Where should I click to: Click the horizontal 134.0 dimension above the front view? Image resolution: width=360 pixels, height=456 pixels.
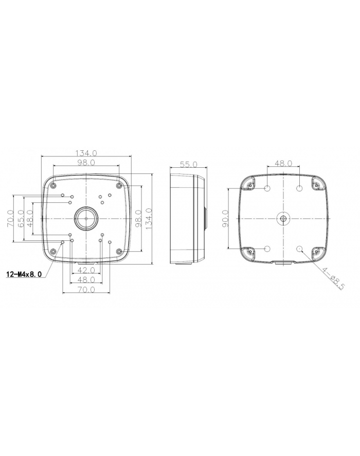pyautogui.click(x=86, y=153)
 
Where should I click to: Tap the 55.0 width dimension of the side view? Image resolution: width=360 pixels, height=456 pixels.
pyautogui.click(x=188, y=164)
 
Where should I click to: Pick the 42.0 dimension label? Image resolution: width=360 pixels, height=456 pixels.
pyautogui.click(x=86, y=270)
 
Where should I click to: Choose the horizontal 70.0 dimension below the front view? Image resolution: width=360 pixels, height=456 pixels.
pyautogui.click(x=86, y=290)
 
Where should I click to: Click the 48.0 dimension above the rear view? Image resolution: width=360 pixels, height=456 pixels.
pyautogui.click(x=283, y=163)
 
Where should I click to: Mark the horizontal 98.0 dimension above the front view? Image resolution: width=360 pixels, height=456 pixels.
pyautogui.click(x=86, y=163)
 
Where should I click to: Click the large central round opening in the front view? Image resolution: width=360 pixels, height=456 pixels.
pyautogui.click(x=86, y=219)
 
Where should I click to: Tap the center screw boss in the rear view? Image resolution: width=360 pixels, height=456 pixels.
pyautogui.click(x=283, y=219)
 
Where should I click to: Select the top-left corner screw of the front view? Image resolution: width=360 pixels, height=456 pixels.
pyautogui.click(x=53, y=186)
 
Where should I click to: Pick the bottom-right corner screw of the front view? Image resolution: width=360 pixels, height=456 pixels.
pyautogui.click(x=119, y=251)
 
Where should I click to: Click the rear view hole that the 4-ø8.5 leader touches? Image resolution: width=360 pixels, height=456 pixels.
pyautogui.click(x=300, y=249)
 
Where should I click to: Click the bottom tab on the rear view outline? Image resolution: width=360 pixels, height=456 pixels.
pyautogui.click(x=283, y=263)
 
